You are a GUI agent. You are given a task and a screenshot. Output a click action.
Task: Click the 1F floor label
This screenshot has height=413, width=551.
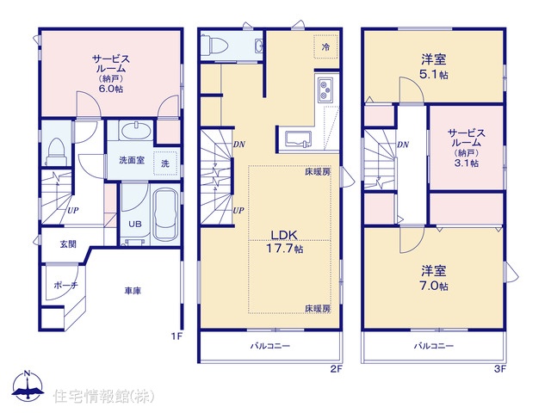click(176, 336)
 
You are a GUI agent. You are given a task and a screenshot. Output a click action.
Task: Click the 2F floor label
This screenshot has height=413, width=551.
click(336, 369)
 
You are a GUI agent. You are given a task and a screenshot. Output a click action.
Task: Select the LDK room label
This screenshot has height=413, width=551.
click(284, 235)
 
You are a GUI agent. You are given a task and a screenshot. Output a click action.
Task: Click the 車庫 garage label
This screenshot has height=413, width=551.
click(133, 291)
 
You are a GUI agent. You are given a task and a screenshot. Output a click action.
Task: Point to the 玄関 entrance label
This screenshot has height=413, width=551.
click(68, 244)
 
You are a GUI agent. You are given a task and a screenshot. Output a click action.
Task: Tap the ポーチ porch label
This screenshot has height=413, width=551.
click(65, 285)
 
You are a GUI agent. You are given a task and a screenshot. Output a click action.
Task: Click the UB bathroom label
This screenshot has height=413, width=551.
click(135, 224)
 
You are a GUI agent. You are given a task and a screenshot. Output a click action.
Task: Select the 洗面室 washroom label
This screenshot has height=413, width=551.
click(132, 161)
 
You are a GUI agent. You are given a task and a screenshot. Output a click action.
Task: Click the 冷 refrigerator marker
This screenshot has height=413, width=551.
click(325, 46)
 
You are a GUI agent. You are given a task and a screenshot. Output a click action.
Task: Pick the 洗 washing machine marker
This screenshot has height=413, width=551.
click(165, 163)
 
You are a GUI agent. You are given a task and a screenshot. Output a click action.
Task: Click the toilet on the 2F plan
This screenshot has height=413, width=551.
click(215, 46)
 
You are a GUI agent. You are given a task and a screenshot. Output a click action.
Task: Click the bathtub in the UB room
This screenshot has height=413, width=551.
click(166, 214)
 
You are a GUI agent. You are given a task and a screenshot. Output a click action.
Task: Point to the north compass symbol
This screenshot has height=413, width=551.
click(28, 385)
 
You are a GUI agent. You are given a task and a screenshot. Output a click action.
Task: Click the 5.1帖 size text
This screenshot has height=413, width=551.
click(434, 75)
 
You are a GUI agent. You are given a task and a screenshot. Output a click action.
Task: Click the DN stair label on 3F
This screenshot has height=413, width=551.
click(403, 145)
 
